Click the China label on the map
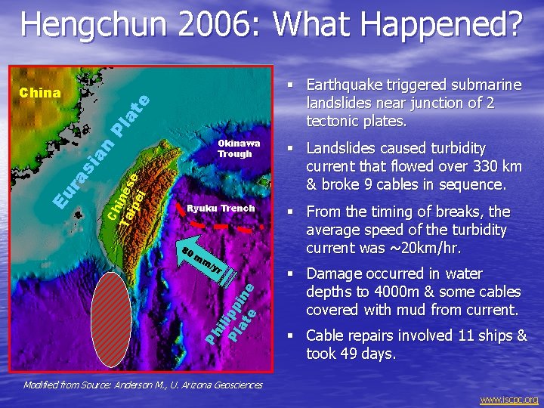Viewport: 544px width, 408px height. click(x=40, y=93)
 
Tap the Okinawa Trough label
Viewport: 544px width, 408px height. click(x=238, y=148)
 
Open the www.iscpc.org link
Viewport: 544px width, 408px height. click(x=509, y=400)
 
